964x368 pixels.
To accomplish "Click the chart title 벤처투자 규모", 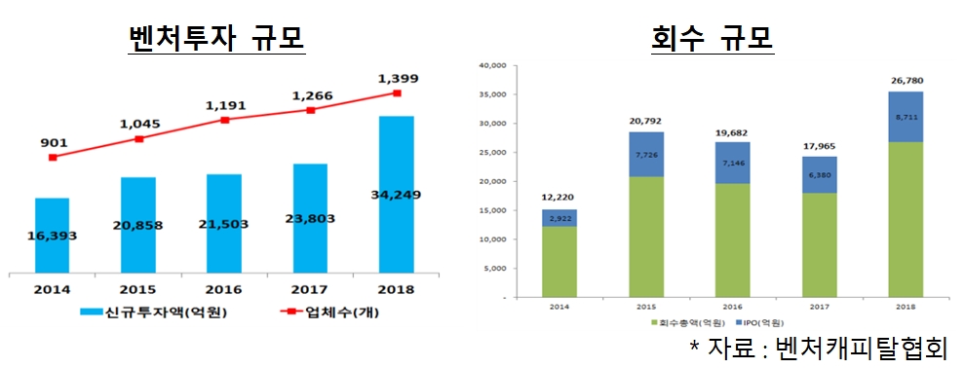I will tap(216, 37).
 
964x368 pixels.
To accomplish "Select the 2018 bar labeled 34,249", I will tap(397, 195).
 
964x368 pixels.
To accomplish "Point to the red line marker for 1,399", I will tap(397, 93).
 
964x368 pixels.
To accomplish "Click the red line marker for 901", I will tap(52, 157).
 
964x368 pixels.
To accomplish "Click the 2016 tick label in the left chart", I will tap(224, 289).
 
